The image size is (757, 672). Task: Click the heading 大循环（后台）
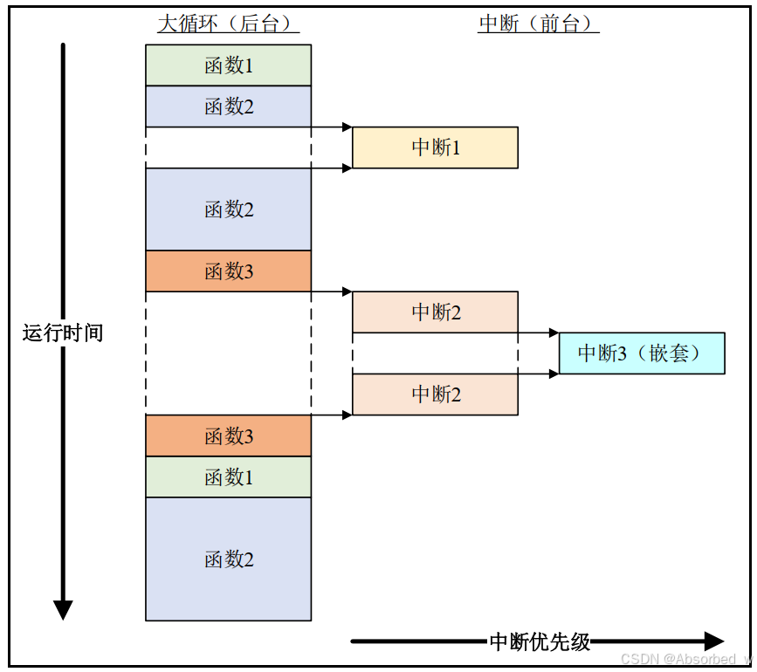point(228,24)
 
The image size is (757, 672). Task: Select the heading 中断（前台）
point(538,24)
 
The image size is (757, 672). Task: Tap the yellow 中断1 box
point(435,147)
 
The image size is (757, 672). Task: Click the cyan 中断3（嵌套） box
point(641,353)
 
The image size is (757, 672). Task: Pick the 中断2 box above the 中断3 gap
point(435,312)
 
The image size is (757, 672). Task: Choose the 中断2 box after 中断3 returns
point(435,394)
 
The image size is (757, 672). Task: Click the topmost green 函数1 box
point(228,65)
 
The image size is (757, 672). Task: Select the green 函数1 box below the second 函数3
point(228,477)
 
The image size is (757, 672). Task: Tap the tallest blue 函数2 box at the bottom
point(228,559)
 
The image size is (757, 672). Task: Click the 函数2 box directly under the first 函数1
point(228,106)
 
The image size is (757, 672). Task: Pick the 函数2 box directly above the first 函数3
point(228,209)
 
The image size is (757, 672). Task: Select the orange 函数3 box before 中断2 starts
point(228,271)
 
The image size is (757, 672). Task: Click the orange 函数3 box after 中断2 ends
point(228,435)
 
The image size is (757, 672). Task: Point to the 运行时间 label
point(62,333)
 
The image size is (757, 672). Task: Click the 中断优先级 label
point(540,642)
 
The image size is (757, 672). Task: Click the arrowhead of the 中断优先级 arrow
point(714,641)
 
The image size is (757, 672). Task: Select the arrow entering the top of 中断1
point(332,127)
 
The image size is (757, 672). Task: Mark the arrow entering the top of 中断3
point(538,333)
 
